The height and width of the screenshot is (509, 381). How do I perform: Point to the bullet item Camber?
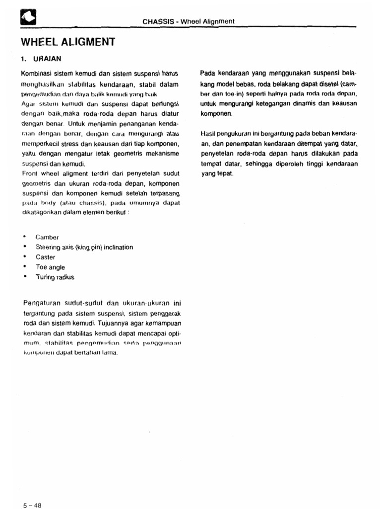tap(47, 237)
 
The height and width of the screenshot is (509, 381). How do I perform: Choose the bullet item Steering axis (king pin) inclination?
tap(84, 247)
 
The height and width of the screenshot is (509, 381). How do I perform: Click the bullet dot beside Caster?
tap(24, 257)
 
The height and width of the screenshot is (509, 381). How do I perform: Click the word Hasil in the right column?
tap(208, 134)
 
